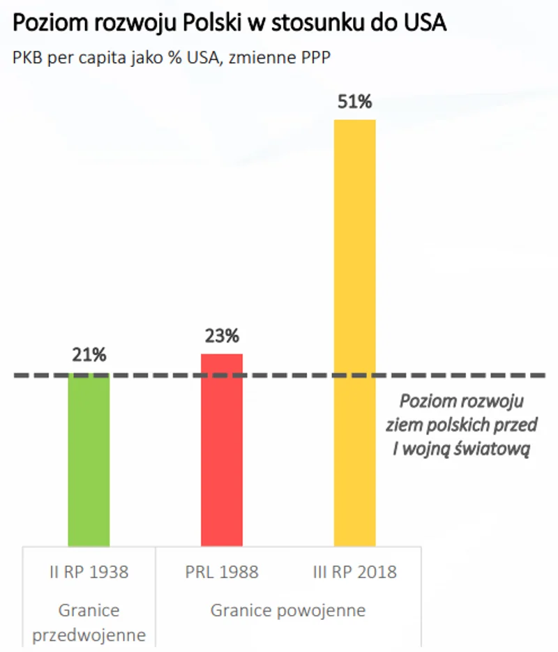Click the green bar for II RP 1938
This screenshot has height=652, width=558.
pyautogui.click(x=89, y=460)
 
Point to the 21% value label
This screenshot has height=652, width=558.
pyautogui.click(x=89, y=355)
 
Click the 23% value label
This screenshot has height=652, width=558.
pyautogui.click(x=222, y=336)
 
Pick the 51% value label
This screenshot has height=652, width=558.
pyautogui.click(x=355, y=103)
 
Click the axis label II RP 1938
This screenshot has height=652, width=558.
pyautogui.click(x=89, y=573)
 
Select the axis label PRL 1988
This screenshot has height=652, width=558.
pyautogui.click(x=222, y=573)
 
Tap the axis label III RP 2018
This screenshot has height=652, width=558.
pyautogui.click(x=355, y=573)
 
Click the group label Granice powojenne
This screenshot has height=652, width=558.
pyautogui.click(x=288, y=611)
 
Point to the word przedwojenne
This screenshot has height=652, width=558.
pyautogui.click(x=89, y=635)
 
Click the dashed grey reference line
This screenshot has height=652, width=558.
pyautogui.click(x=293, y=375)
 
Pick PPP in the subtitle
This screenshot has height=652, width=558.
pyautogui.click(x=314, y=58)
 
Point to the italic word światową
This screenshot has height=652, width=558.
pyautogui.click(x=496, y=449)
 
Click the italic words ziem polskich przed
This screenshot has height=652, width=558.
pyautogui.click(x=462, y=426)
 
